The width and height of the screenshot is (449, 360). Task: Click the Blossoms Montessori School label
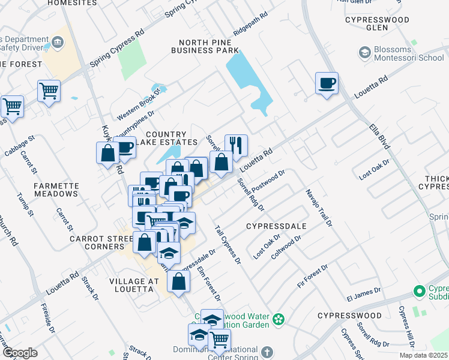(x=409, y=53)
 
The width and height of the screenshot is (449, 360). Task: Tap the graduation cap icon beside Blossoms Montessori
(x=364, y=53)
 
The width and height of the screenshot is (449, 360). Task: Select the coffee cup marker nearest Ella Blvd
(x=327, y=83)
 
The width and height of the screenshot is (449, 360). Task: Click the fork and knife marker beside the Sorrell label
(x=236, y=145)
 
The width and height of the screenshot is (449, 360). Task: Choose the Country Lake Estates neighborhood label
(x=171, y=138)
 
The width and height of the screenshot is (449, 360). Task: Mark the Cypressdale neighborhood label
(x=276, y=226)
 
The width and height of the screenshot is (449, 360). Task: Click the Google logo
(x=20, y=352)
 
